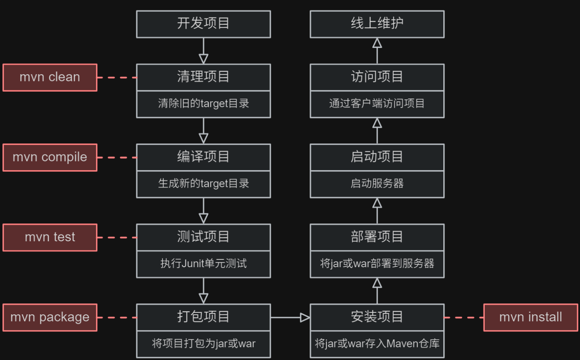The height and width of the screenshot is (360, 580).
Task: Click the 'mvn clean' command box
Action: pyautogui.click(x=50, y=77)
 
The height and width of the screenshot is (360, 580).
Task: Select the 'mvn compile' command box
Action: pyautogui.click(x=50, y=157)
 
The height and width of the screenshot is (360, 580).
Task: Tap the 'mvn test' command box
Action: pyautogui.click(x=50, y=237)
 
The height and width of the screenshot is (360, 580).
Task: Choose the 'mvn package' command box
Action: pyautogui.click(x=50, y=317)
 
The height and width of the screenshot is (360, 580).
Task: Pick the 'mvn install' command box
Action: pyautogui.click(x=530, y=317)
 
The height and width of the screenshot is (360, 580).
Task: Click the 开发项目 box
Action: pyautogui.click(x=203, y=24)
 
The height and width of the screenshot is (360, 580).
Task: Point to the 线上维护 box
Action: pyautogui.click(x=377, y=24)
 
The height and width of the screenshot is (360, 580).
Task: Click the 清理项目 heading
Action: pyautogui.click(x=203, y=77)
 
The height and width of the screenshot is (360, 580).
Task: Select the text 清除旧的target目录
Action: pyautogui.click(x=203, y=104)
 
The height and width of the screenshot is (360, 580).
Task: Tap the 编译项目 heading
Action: pyautogui.click(x=203, y=157)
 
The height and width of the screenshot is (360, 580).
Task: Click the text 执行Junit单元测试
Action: pyautogui.click(x=203, y=263)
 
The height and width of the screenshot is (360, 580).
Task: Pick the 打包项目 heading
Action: pyautogui.click(x=203, y=317)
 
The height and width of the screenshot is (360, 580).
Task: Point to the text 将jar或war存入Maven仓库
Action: pyautogui.click(x=377, y=344)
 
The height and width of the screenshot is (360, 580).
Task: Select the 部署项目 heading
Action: pyautogui.click(x=377, y=237)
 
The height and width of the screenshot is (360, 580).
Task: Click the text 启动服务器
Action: pyautogui.click(x=377, y=183)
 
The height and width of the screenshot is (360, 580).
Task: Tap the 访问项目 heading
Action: pyautogui.click(x=377, y=77)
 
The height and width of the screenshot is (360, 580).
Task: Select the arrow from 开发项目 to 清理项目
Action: pyautogui.click(x=203, y=51)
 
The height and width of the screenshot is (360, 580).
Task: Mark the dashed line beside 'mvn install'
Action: pyautogui.click(x=464, y=317)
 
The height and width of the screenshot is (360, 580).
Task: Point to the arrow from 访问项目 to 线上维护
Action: pyautogui.click(x=377, y=51)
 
